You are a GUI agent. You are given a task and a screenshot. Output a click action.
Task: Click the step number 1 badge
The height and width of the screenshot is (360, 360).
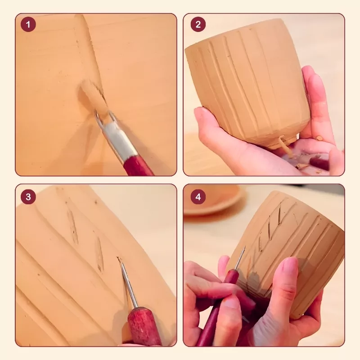28,24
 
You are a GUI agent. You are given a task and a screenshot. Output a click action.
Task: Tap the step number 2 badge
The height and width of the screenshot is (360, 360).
198,24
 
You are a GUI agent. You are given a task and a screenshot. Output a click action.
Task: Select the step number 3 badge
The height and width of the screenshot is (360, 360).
28,197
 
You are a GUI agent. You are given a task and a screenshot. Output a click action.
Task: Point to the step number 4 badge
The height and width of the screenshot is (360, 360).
198,197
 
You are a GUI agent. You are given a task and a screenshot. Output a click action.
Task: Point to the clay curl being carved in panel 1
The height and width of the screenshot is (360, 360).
94,96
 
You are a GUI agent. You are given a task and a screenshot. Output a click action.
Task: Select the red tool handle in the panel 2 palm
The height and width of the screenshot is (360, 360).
319,162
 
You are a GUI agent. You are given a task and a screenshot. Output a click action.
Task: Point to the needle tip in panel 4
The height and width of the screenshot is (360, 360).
245,247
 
